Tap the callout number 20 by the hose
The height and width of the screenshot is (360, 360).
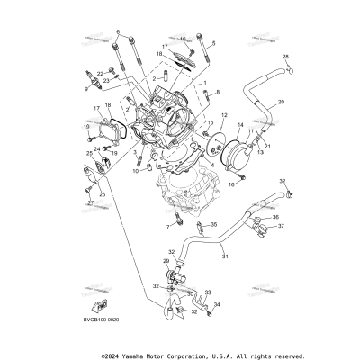click(281, 103)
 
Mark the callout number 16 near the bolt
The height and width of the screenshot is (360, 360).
click(230, 184)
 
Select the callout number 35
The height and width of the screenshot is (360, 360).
click(213, 225)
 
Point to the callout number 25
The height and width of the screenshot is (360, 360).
click(89, 155)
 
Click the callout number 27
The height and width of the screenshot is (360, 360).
click(89, 203)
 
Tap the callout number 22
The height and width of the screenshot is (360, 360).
click(100, 74)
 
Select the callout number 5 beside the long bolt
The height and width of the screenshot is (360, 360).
click(213, 42)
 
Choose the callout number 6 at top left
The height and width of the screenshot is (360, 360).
click(117, 32)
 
